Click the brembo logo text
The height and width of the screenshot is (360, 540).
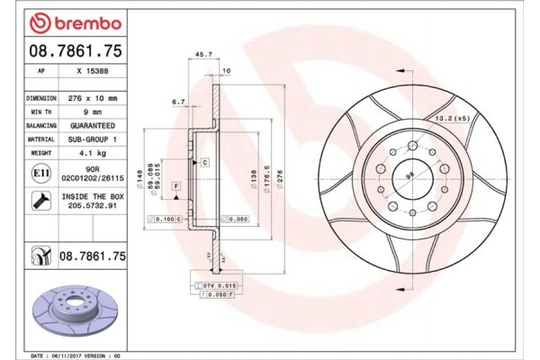click(67, 21)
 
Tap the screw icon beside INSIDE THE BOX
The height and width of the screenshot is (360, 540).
click(40, 199)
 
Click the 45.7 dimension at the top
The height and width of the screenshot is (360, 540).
click(203, 54)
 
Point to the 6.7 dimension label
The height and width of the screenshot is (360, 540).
click(177, 103)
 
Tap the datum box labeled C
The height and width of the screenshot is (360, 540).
click(205, 162)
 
